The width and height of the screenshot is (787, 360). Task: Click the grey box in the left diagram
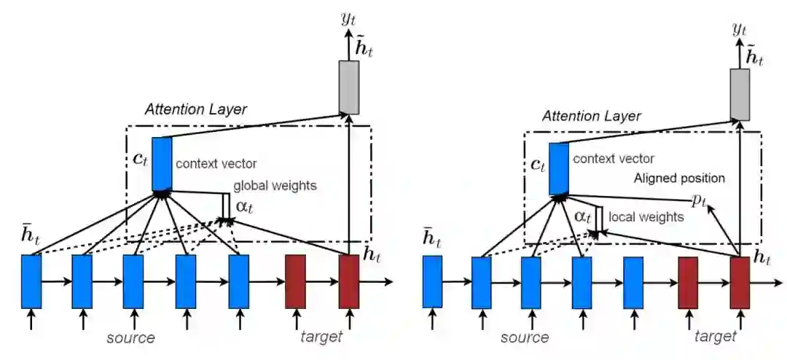(x=349, y=87)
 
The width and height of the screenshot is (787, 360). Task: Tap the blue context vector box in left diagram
(x=162, y=163)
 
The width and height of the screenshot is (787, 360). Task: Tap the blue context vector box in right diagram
(x=558, y=168)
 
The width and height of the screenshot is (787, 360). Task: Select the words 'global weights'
(x=275, y=186)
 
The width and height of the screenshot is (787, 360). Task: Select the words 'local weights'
(x=646, y=216)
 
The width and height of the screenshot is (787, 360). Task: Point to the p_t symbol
(x=698, y=200)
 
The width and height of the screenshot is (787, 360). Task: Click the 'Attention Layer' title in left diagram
(x=196, y=110)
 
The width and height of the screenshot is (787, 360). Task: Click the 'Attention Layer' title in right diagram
(x=592, y=116)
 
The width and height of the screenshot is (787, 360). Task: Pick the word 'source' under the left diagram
(x=130, y=337)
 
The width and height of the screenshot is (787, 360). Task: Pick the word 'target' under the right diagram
(x=715, y=336)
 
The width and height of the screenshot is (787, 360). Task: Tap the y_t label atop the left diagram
(x=348, y=17)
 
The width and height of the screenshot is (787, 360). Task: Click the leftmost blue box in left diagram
(x=31, y=281)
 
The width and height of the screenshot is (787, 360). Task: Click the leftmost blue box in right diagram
(x=432, y=282)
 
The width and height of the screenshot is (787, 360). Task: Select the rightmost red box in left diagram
(x=348, y=281)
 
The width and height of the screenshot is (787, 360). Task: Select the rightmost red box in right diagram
(x=740, y=282)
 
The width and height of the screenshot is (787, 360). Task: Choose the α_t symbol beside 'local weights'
(x=582, y=216)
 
